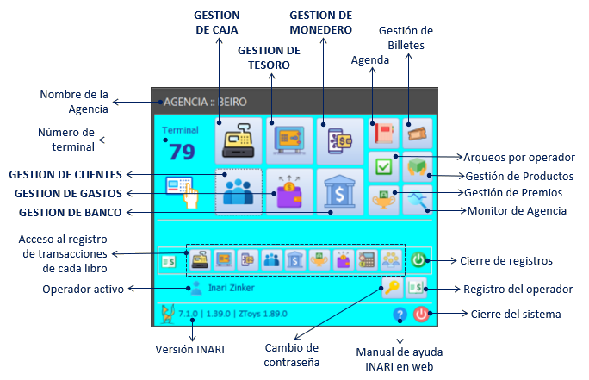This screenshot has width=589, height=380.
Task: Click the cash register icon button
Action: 238,140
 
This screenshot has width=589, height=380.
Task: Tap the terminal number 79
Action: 182,152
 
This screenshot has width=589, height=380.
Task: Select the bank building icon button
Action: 340,190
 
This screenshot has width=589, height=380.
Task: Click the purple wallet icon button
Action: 289,190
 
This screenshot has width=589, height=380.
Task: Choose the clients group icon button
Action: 238,190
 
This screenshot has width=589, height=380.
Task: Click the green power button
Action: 418,259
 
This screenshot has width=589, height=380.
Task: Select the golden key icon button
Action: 393,288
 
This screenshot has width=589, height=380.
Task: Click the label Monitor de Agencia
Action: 516,210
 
